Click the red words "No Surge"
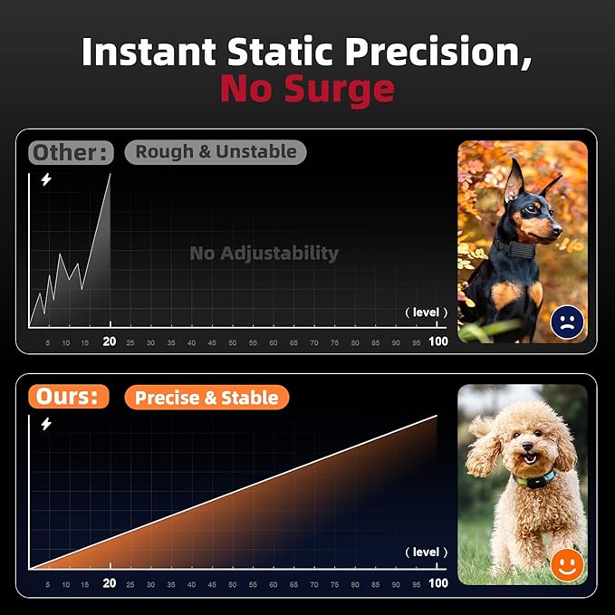[307, 89]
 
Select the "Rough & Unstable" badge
[216, 151]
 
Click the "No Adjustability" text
[264, 253]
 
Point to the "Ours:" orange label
[68, 397]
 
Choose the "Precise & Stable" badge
[207, 397]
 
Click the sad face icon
[567, 322]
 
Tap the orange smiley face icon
[567, 565]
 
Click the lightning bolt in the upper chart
[46, 179]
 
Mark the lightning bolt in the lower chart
[46, 423]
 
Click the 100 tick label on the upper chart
[438, 341]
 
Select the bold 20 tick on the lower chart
[110, 584]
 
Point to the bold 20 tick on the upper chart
[110, 341]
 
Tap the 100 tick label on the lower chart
[438, 584]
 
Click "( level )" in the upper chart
[426, 312]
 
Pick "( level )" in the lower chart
[426, 552]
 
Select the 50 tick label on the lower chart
[232, 585]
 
